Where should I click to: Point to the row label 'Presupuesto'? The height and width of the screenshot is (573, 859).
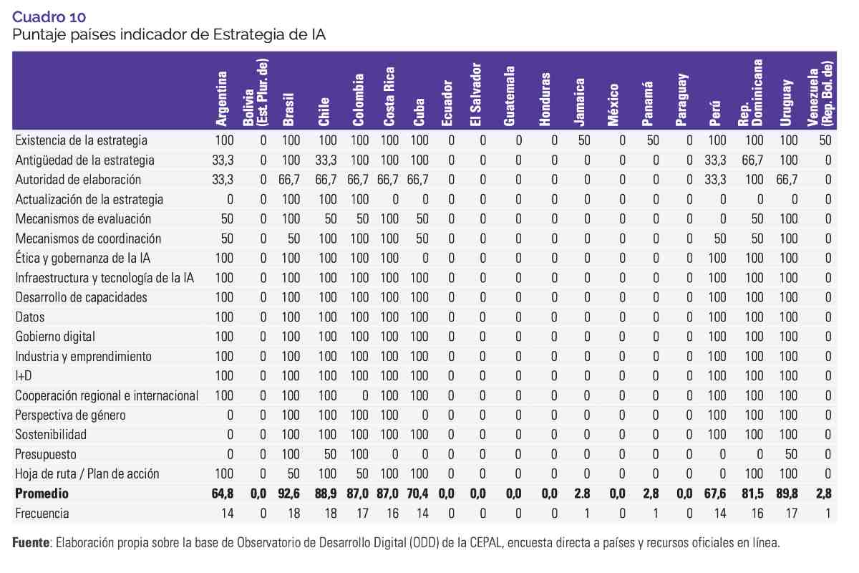coord(46,454)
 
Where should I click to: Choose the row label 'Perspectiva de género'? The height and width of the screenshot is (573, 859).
coord(71,415)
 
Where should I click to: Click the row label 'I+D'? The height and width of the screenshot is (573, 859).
coord(25,375)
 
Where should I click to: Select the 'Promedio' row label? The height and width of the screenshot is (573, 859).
coord(42,493)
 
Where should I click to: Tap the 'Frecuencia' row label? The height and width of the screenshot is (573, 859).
coord(42,514)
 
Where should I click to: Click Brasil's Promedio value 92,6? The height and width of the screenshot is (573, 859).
coord(289,493)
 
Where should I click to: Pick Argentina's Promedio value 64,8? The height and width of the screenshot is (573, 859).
coord(223,493)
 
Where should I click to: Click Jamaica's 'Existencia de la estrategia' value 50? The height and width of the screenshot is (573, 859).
coord(584,140)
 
